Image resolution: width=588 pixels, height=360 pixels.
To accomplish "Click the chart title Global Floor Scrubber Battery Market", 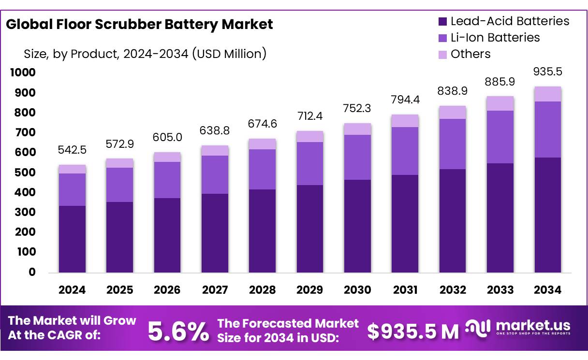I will [139, 24].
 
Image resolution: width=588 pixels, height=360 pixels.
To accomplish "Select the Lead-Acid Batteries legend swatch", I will [442, 21].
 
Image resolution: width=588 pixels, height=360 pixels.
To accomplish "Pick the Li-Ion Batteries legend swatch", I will [442, 38].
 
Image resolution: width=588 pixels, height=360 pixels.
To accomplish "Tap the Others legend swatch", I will [442, 54].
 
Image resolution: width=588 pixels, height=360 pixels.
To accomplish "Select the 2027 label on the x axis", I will [215, 290].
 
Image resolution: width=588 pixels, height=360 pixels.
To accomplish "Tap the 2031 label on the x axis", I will [405, 290].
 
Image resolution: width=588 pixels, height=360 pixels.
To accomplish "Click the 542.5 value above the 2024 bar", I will [72, 150].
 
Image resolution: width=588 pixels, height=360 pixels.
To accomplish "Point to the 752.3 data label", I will [357, 108].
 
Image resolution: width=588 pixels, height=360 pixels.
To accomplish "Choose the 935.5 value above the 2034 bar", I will [548, 72].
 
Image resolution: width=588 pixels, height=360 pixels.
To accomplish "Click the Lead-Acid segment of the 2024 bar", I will [72, 239].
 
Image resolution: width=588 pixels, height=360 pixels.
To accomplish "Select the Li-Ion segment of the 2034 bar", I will [548, 130].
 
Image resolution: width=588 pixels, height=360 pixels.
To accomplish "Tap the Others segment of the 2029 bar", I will [310, 136].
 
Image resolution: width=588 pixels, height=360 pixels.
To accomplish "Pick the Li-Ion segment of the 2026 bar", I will [167, 180].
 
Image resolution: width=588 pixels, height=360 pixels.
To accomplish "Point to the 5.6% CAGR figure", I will [178, 332].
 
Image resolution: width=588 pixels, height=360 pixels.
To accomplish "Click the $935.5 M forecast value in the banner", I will [412, 331].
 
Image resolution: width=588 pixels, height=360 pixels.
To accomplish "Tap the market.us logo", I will [518, 328].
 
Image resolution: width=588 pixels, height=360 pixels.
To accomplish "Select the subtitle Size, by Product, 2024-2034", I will [145, 54].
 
